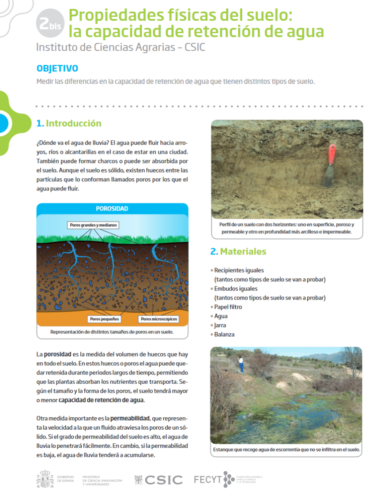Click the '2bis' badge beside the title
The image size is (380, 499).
point(50,24)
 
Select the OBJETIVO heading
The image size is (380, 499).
point(57,69)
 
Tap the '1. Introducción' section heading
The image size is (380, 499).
point(69,124)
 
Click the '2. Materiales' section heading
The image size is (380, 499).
point(238,251)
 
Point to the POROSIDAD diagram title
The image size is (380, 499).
point(112,209)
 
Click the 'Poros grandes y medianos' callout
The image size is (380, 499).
point(94,225)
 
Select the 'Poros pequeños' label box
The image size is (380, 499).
point(104,319)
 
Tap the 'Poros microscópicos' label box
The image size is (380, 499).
point(158,319)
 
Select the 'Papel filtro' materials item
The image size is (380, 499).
point(228,307)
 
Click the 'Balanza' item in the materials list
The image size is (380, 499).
point(224,334)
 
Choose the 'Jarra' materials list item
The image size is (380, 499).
point(220,325)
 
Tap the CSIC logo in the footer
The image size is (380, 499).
point(158,480)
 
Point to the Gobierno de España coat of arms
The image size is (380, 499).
point(45,480)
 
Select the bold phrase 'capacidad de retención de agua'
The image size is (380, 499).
point(101,400)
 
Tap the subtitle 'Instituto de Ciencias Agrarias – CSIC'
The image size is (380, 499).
point(120,47)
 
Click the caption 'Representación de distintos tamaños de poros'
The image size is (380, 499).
point(112,332)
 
